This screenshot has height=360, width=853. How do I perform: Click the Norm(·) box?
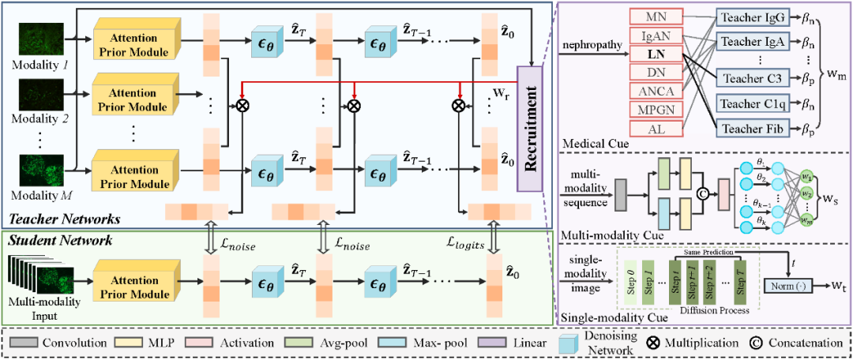tap(792, 282)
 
